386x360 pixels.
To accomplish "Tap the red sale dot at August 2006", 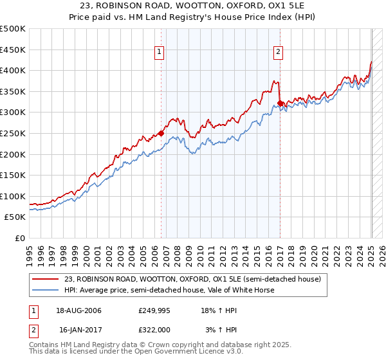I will point(161,134).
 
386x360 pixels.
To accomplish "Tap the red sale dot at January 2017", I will point(280,104).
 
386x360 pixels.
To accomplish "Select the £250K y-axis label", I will point(13,133).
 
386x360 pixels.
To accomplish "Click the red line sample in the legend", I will point(46,279).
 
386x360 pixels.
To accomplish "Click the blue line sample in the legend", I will point(46,290).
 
